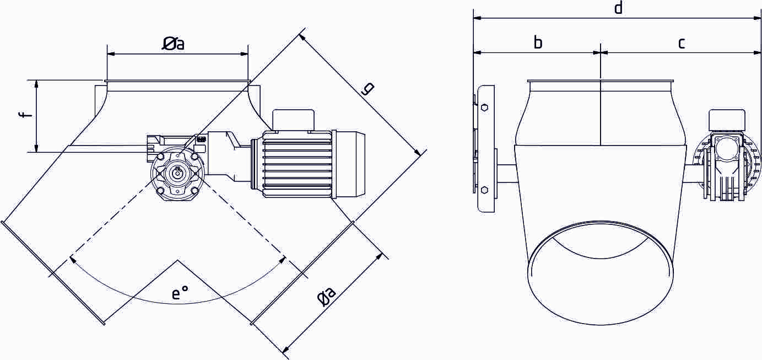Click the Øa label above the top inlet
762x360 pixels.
point(173,44)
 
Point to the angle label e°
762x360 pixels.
point(180,293)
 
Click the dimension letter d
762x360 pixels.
point(618,8)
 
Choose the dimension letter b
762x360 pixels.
point(538,42)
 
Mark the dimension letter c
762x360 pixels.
point(682,42)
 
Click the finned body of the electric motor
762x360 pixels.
point(298,164)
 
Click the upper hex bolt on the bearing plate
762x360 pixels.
point(484,108)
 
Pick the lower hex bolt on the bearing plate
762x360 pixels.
point(484,190)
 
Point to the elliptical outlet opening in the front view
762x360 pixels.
point(601,273)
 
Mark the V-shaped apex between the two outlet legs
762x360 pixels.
point(177,260)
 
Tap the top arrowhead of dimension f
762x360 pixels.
point(36,83)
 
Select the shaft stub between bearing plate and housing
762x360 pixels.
point(507,174)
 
